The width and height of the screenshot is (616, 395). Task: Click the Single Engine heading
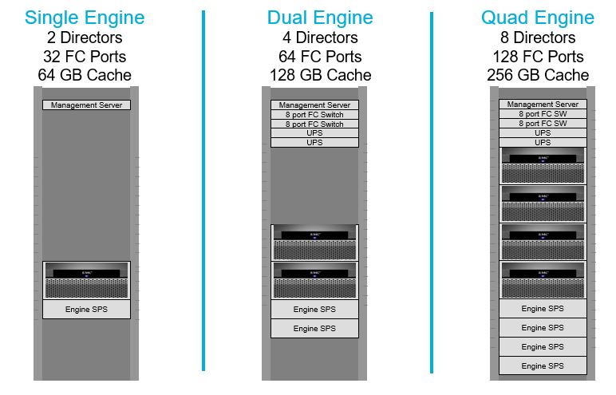[x=85, y=18]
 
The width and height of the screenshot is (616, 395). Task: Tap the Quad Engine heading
[x=538, y=18]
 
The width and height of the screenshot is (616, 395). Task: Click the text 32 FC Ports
[x=85, y=57]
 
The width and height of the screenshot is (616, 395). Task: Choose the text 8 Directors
[x=538, y=38]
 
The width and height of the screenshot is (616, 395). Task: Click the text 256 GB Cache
[x=538, y=76]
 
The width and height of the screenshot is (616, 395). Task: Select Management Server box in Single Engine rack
[x=86, y=105]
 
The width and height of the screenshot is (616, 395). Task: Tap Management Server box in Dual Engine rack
[x=314, y=105]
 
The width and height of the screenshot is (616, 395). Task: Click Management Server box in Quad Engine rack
[x=543, y=105]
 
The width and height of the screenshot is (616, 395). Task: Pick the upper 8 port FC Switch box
[x=314, y=115]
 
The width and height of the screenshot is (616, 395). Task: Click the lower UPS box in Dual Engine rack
[x=314, y=143]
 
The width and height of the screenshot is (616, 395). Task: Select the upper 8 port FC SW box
[x=543, y=114]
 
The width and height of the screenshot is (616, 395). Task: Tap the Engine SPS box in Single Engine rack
[x=86, y=309]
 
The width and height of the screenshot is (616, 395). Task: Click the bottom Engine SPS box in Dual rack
[x=314, y=329]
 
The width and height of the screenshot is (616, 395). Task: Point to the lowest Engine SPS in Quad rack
[x=543, y=366]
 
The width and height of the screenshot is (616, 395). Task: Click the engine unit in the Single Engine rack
[x=86, y=279]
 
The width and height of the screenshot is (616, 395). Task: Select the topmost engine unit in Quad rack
[x=543, y=165]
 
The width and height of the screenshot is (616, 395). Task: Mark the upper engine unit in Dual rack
[x=314, y=242]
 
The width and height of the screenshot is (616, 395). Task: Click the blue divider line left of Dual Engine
[x=203, y=192]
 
